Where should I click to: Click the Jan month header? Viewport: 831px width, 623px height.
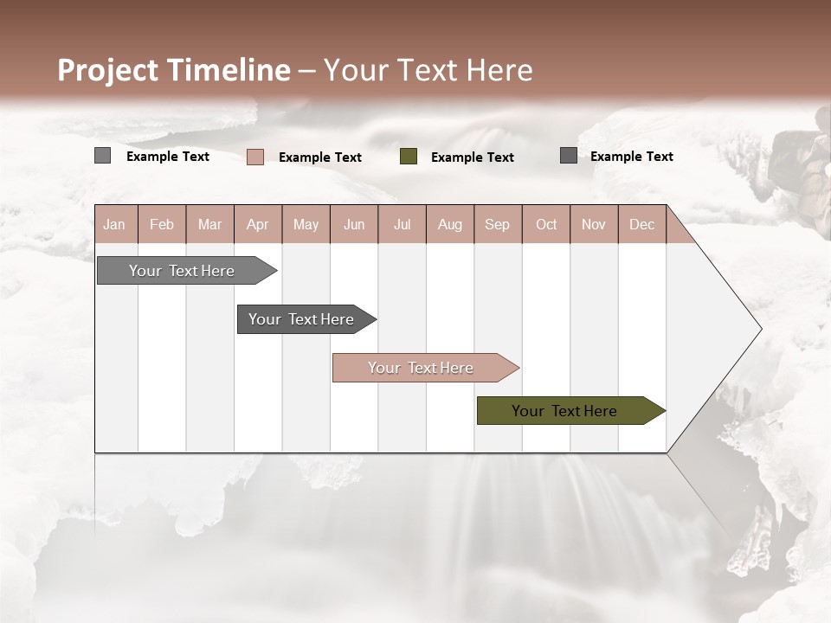click(x=114, y=224)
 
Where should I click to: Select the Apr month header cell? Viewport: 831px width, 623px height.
click(x=257, y=224)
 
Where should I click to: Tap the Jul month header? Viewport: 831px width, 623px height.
click(x=402, y=224)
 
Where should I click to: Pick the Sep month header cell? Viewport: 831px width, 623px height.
click(x=497, y=224)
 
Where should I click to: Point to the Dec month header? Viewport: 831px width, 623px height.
click(x=641, y=224)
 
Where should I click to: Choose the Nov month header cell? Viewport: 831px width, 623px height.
click(x=593, y=224)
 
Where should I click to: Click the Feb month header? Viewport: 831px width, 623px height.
click(x=162, y=224)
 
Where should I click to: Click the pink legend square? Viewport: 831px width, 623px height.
click(x=254, y=157)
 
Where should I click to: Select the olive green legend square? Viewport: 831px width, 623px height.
click(x=409, y=157)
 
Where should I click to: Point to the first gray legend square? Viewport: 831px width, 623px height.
click(x=102, y=156)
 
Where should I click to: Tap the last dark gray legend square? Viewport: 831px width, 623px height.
click(x=569, y=156)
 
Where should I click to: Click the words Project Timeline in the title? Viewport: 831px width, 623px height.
click(x=173, y=70)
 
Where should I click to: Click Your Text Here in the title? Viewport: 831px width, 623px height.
click(x=428, y=70)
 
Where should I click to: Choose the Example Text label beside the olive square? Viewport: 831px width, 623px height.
click(x=472, y=157)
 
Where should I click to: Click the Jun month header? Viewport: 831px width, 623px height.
click(x=354, y=224)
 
